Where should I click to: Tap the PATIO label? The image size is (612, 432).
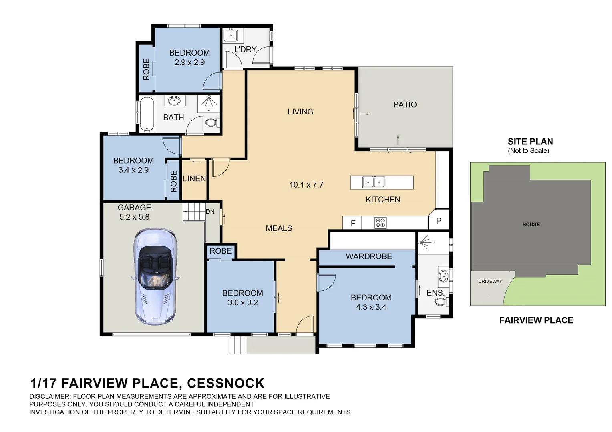pos(405,104)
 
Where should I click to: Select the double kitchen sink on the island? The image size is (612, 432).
pos(374,182)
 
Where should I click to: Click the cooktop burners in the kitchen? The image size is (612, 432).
pos(380,223)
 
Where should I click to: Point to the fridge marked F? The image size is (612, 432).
pos(352,223)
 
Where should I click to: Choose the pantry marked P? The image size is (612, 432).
pos(439,220)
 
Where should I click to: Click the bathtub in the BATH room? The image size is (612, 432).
pos(147,114)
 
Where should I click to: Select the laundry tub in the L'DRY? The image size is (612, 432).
pos(231,36)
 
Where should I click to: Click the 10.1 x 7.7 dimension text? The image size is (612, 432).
pos(306,185)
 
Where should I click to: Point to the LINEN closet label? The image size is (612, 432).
pos(194,178)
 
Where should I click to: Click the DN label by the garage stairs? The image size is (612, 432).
pos(210,212)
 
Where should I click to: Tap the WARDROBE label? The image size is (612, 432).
pos(369,256)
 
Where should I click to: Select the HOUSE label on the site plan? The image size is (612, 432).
pos(531,224)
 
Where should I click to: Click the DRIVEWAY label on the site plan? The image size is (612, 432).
pos(490,281)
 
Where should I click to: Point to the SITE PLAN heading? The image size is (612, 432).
pos(530,142)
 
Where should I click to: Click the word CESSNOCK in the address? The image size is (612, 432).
pos(225,384)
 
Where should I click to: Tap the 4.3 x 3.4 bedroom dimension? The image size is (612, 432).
pos(371,307)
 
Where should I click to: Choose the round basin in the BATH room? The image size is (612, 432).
pos(173,101)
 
